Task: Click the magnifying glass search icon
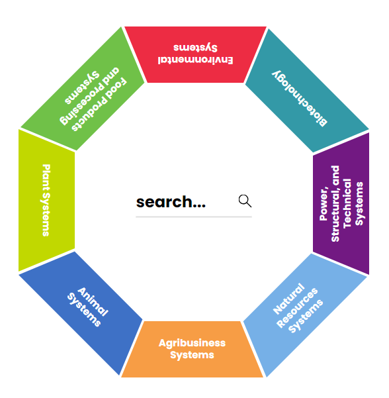tap(245, 201)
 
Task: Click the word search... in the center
tap(171, 202)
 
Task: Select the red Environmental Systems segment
tap(195, 54)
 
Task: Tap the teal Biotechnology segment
tap(308, 91)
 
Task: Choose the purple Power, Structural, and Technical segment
tap(341, 203)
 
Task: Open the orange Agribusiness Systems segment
tap(193, 349)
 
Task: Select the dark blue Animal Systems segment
tap(81, 313)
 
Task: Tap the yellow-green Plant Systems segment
tap(47, 201)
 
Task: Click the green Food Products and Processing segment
tap(83, 89)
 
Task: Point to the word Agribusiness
tap(192, 343)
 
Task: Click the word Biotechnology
tap(300, 99)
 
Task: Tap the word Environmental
tap(195, 60)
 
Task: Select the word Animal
tap(93, 302)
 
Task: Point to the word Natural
tap(288, 299)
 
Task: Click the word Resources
tap(297, 308)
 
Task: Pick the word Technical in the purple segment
tap(347, 203)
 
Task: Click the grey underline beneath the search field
tap(194, 217)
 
